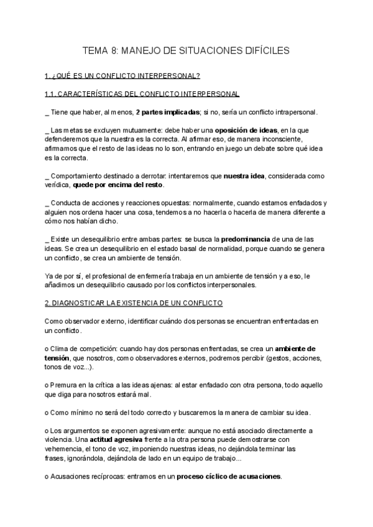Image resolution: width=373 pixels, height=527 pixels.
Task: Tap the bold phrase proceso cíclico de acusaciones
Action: click(229, 477)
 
